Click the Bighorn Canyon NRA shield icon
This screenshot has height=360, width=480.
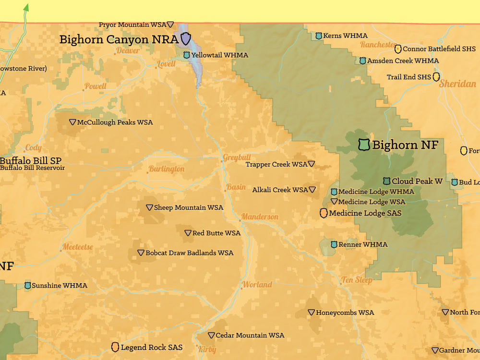tap(185, 39)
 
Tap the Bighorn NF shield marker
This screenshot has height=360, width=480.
tap(364, 144)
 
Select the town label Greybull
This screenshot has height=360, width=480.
tap(237, 157)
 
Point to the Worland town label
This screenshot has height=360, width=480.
tap(257, 285)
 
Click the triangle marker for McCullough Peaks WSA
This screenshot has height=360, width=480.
tap(72, 122)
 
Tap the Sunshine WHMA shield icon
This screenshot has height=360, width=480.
tap(28, 286)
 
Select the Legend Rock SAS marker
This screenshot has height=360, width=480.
tap(115, 347)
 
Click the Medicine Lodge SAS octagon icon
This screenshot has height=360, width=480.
tap(324, 213)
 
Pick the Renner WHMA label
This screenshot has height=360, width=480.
tap(362, 244)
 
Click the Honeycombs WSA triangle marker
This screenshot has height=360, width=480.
tap(311, 312)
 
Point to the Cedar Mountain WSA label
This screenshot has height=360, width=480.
tap(250, 335)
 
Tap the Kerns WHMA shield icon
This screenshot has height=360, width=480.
tap(319, 36)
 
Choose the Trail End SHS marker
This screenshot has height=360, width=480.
tap(436, 77)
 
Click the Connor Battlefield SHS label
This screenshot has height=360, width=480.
tap(439, 48)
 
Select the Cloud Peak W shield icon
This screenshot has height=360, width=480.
tap(386, 181)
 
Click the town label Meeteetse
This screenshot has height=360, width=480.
tap(77, 247)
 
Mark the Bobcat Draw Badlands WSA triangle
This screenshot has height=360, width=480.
tap(141, 252)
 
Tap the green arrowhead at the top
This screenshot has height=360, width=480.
tap(26, 7)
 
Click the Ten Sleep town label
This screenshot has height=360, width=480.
tap(357, 280)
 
